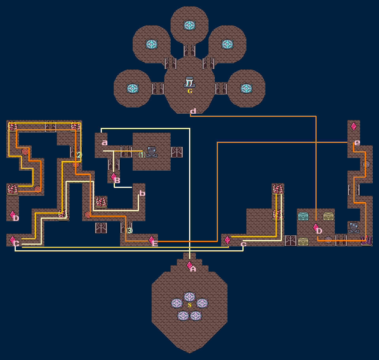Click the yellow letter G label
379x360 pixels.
(189, 91)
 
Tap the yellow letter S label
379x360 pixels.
(189, 305)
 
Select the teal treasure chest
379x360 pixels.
(303, 216)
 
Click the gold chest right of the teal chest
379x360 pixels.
(328, 216)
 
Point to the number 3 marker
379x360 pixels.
(129, 231)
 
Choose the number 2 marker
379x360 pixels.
(79, 155)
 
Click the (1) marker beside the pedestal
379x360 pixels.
(142, 155)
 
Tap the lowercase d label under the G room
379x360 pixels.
(193, 112)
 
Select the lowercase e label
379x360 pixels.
(357, 142)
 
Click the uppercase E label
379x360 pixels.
(155, 244)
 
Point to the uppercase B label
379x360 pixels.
(117, 181)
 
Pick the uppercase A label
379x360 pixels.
(193, 269)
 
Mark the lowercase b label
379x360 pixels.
(142, 193)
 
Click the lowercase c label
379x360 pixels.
(243, 244)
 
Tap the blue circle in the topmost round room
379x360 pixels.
(189, 25)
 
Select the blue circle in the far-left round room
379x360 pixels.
(133, 88)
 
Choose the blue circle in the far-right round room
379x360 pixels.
(246, 88)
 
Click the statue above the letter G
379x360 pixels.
(189, 82)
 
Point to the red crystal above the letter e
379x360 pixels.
(354, 126)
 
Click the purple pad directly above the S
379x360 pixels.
(189, 296)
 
